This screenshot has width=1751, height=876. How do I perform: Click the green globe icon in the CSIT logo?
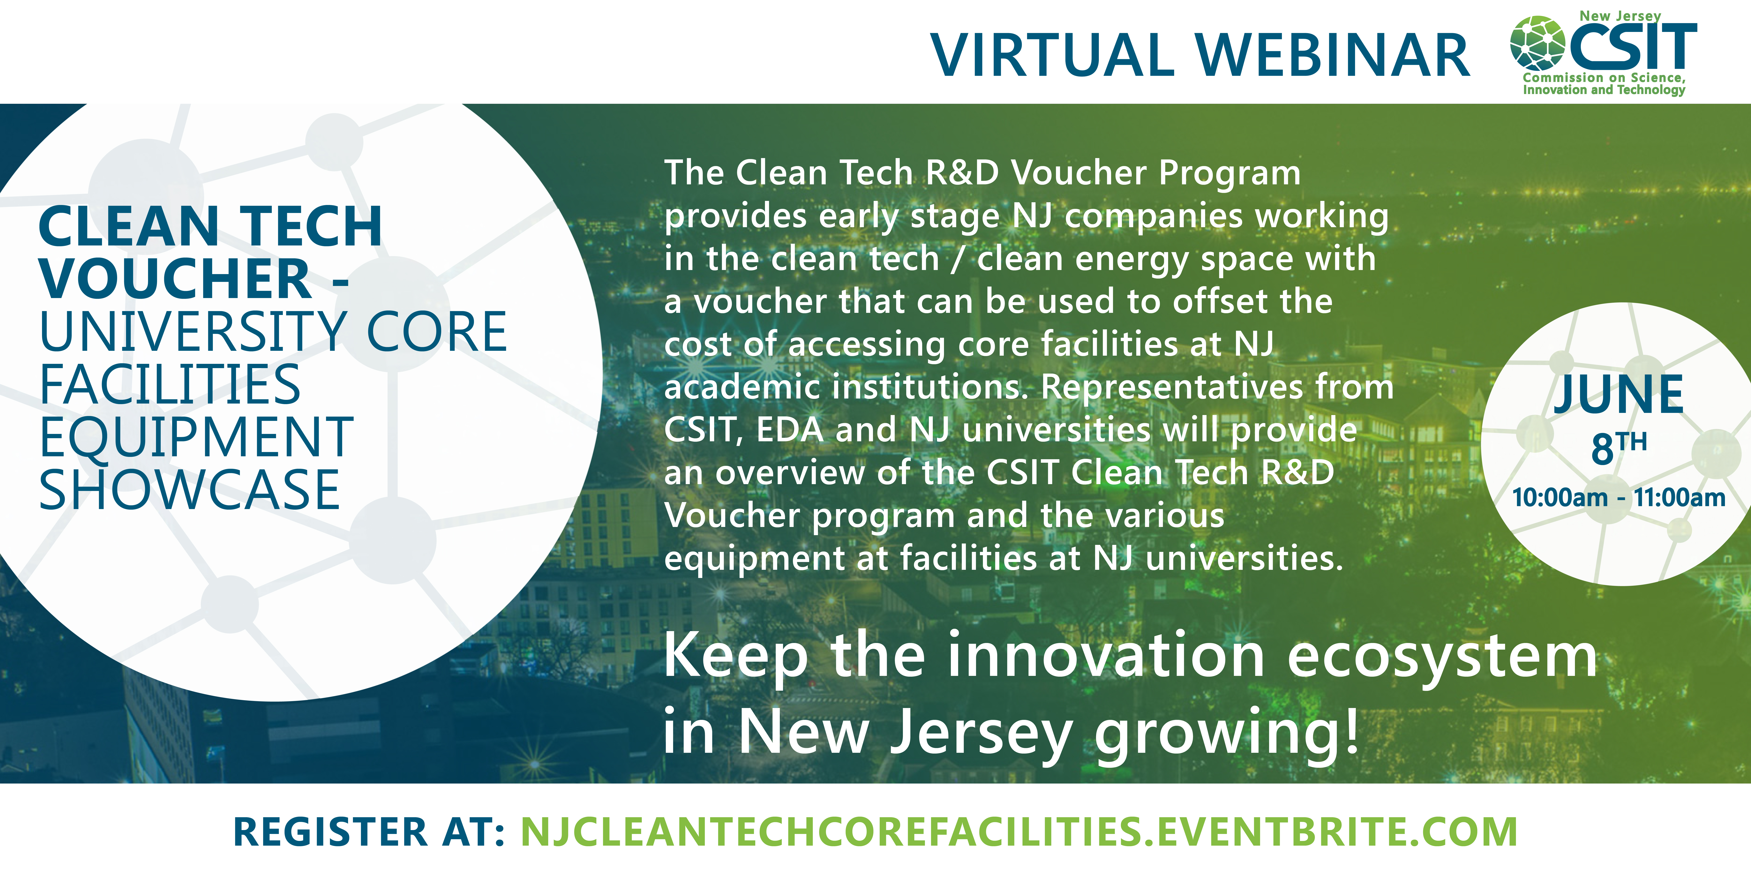(x=1538, y=44)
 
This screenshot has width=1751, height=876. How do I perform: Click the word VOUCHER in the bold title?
(x=175, y=279)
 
